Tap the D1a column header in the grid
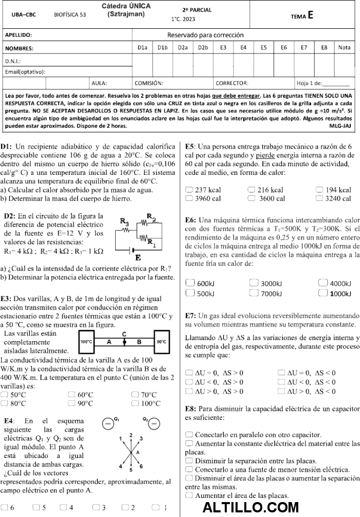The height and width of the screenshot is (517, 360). pyautogui.click(x=142, y=48)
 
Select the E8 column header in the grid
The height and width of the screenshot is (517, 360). pyautogui.click(x=324, y=48)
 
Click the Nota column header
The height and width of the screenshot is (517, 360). pyautogui.click(x=344, y=48)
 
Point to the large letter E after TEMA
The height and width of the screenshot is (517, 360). pyautogui.click(x=311, y=15)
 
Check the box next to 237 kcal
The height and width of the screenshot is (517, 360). pyautogui.click(x=189, y=190)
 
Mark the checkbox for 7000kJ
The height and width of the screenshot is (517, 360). pyautogui.click(x=254, y=293)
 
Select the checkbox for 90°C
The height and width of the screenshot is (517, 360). pyautogui.click(x=71, y=403)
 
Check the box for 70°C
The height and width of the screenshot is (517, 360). pyautogui.click(x=135, y=395)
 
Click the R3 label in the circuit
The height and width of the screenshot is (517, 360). pyautogui.click(x=124, y=221)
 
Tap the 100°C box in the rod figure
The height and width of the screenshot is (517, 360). pyautogui.click(x=86, y=342)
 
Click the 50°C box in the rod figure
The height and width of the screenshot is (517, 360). pyautogui.click(x=161, y=342)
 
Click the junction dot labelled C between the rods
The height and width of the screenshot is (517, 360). pyautogui.click(x=123, y=342)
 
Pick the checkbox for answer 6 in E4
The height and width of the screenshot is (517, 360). pyautogui.click(x=4, y=507)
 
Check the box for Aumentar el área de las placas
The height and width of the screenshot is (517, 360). pyautogui.click(x=189, y=495)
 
